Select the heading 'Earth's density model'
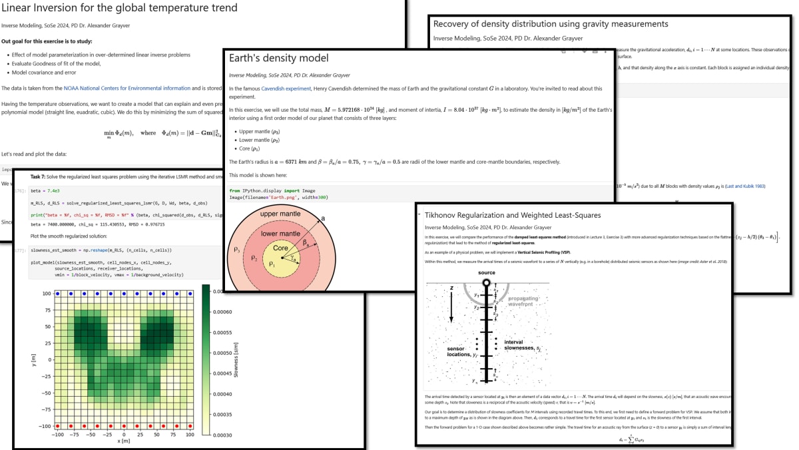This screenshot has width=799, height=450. pyautogui.click(x=278, y=59)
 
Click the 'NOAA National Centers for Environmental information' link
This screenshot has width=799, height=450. pyautogui.click(x=127, y=88)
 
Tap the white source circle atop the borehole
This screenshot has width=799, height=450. pyautogui.click(x=486, y=283)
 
